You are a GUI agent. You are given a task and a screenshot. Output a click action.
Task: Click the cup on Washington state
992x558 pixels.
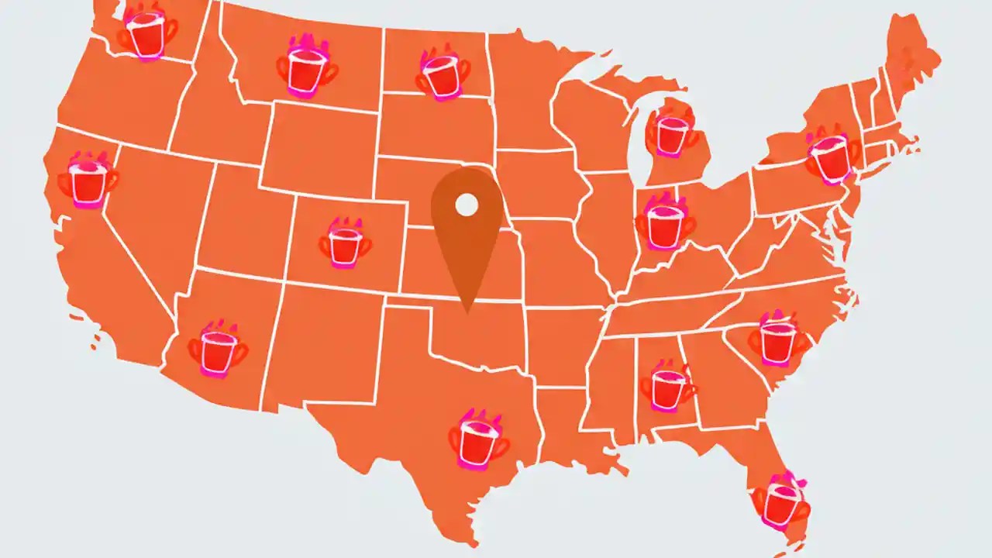pyautogui.click(x=146, y=35)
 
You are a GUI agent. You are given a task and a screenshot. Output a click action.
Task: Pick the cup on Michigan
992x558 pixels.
pyautogui.click(x=671, y=133)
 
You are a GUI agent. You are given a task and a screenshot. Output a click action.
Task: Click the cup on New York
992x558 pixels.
pyautogui.click(x=831, y=157)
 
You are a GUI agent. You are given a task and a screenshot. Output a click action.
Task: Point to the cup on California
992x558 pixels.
pyautogui.click(x=88, y=181)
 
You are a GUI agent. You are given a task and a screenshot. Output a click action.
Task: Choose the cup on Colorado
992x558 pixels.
pyautogui.click(x=344, y=243)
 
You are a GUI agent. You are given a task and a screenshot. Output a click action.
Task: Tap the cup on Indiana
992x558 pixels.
pyautogui.click(x=664, y=223)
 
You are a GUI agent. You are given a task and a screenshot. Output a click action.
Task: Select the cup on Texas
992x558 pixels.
pyautogui.click(x=477, y=442)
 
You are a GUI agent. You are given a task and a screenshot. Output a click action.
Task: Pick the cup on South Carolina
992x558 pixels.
pyautogui.click(x=777, y=339)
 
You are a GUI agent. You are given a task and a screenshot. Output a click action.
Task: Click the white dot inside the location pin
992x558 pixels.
pyautogui.click(x=466, y=205)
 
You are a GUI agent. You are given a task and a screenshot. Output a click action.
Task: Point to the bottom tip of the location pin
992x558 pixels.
pyautogui.click(x=466, y=313)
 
